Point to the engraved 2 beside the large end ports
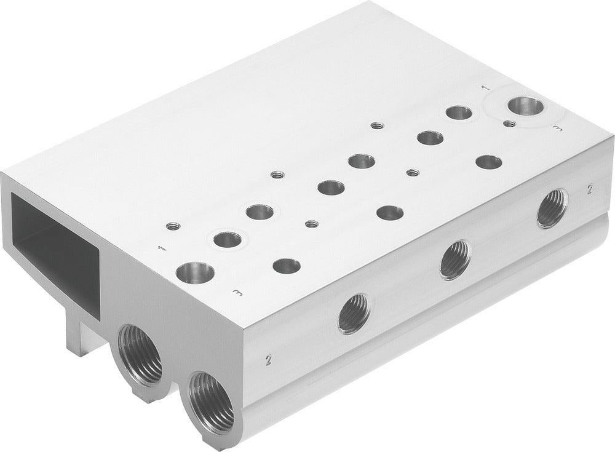tap(268, 358)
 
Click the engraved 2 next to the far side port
tap(589, 189)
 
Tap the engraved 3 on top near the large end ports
tap(238, 293)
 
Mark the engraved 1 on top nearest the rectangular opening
tap(162, 248)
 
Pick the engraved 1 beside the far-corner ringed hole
tap(485, 88)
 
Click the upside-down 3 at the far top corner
tap(558, 128)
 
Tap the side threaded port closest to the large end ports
tap(355, 314)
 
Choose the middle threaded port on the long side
tap(456, 260)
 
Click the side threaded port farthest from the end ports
tap(552, 208)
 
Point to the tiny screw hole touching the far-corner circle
tap(509, 124)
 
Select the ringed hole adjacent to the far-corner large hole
tap(459, 113)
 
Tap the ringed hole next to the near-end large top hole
tap(228, 239)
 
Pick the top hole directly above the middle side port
tap(390, 213)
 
